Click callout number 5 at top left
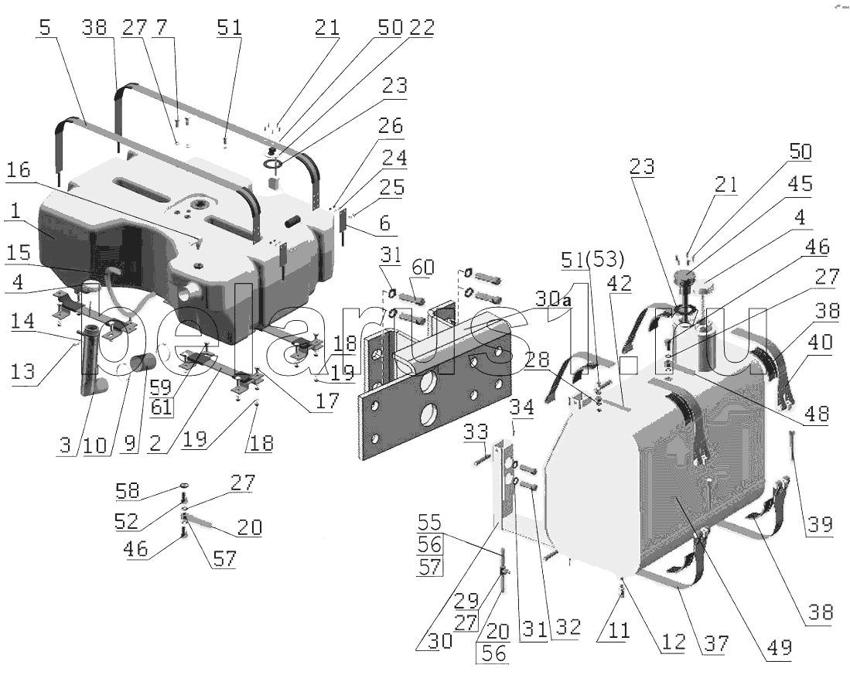click(46, 27)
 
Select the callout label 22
click(422, 27)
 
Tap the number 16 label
click(19, 169)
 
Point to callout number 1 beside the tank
click(15, 211)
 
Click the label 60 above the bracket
click(423, 267)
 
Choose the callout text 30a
click(554, 298)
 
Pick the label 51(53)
click(592, 259)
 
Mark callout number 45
click(801, 184)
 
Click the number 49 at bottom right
click(779, 647)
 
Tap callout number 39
click(820, 524)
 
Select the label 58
click(128, 491)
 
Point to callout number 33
click(476, 431)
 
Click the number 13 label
click(22, 371)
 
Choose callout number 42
click(619, 282)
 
